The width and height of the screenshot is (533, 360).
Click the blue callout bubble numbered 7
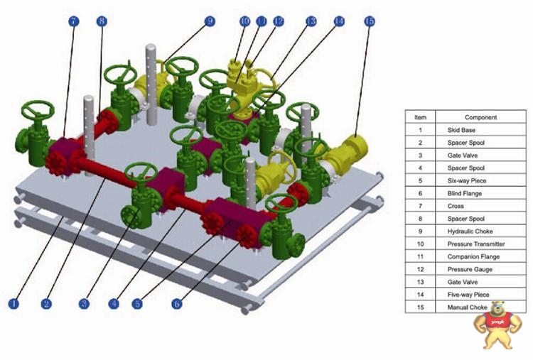[x=73, y=21]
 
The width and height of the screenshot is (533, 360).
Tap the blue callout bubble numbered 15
[x=369, y=21]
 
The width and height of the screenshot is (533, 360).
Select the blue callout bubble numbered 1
[x=14, y=303]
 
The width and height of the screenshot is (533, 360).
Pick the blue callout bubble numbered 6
[x=176, y=303]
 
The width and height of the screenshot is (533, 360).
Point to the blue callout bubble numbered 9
[x=210, y=21]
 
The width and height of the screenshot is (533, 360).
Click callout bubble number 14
[x=339, y=21]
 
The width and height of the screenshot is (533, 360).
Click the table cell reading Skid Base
[x=461, y=130]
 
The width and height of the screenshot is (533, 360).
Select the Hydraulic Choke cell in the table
[x=470, y=231]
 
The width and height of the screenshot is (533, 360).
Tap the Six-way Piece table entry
[x=467, y=180]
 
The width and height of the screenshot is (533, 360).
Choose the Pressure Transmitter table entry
[x=476, y=244]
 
